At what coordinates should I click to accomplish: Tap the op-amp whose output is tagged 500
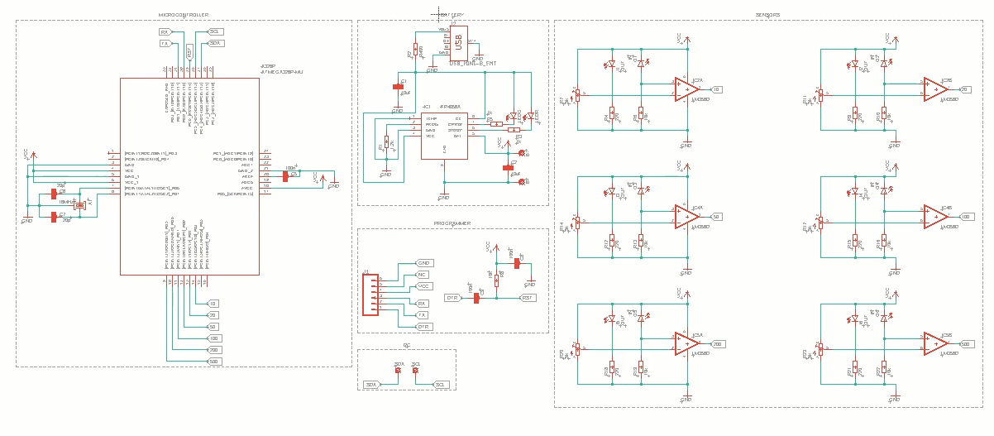click(x=935, y=343)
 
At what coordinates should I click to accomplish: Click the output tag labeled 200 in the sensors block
click(x=717, y=344)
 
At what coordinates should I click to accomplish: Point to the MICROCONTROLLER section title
click(x=183, y=16)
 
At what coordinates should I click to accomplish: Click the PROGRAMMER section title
click(x=452, y=223)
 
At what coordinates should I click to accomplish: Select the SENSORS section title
click(x=768, y=16)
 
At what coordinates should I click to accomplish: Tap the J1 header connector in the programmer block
click(x=371, y=295)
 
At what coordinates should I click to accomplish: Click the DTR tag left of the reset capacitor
click(x=452, y=298)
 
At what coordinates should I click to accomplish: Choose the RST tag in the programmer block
click(x=528, y=298)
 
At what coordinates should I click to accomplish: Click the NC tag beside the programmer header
click(x=423, y=274)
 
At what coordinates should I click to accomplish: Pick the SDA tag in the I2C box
click(x=371, y=385)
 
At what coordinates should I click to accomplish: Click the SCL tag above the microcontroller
click(x=217, y=31)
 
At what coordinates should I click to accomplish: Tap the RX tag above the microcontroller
click(x=165, y=31)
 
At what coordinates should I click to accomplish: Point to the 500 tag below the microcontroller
click(x=213, y=362)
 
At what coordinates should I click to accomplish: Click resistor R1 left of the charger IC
click(x=385, y=144)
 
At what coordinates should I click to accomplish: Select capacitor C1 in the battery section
click(x=398, y=85)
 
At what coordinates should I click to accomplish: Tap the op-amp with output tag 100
click(x=935, y=216)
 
